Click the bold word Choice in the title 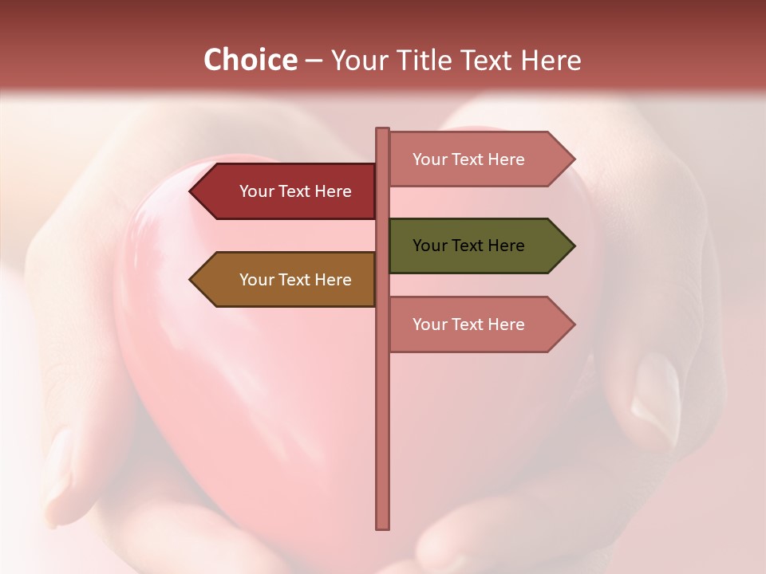click(250, 60)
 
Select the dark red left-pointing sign click(287, 191)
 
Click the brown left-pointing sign click(287, 279)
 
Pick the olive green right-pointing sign click(476, 246)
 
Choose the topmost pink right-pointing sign click(476, 159)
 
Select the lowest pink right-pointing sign click(476, 324)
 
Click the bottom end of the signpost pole click(383, 525)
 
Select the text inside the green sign click(468, 246)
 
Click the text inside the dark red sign click(295, 191)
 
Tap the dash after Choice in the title click(314, 61)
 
